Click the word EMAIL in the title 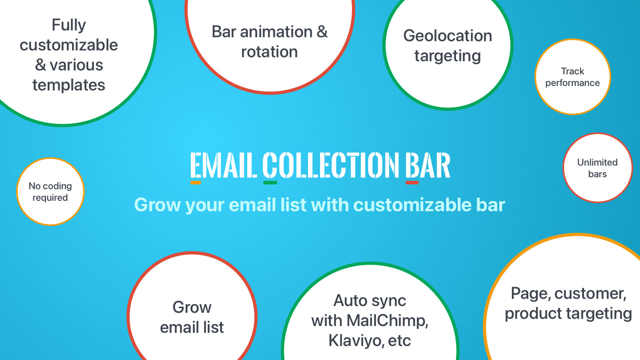click(x=224, y=165)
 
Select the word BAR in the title click(x=427, y=165)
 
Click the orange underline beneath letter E click(x=196, y=182)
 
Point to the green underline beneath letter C click(x=270, y=182)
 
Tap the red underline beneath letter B click(x=412, y=182)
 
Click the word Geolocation click(x=447, y=36)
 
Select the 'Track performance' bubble click(x=572, y=77)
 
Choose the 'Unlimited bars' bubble click(x=597, y=168)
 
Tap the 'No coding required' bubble click(x=50, y=191)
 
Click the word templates click(x=69, y=84)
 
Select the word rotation click(x=269, y=51)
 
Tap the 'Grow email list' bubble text click(x=192, y=317)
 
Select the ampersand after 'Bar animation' click(x=322, y=32)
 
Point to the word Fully click(x=69, y=24)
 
